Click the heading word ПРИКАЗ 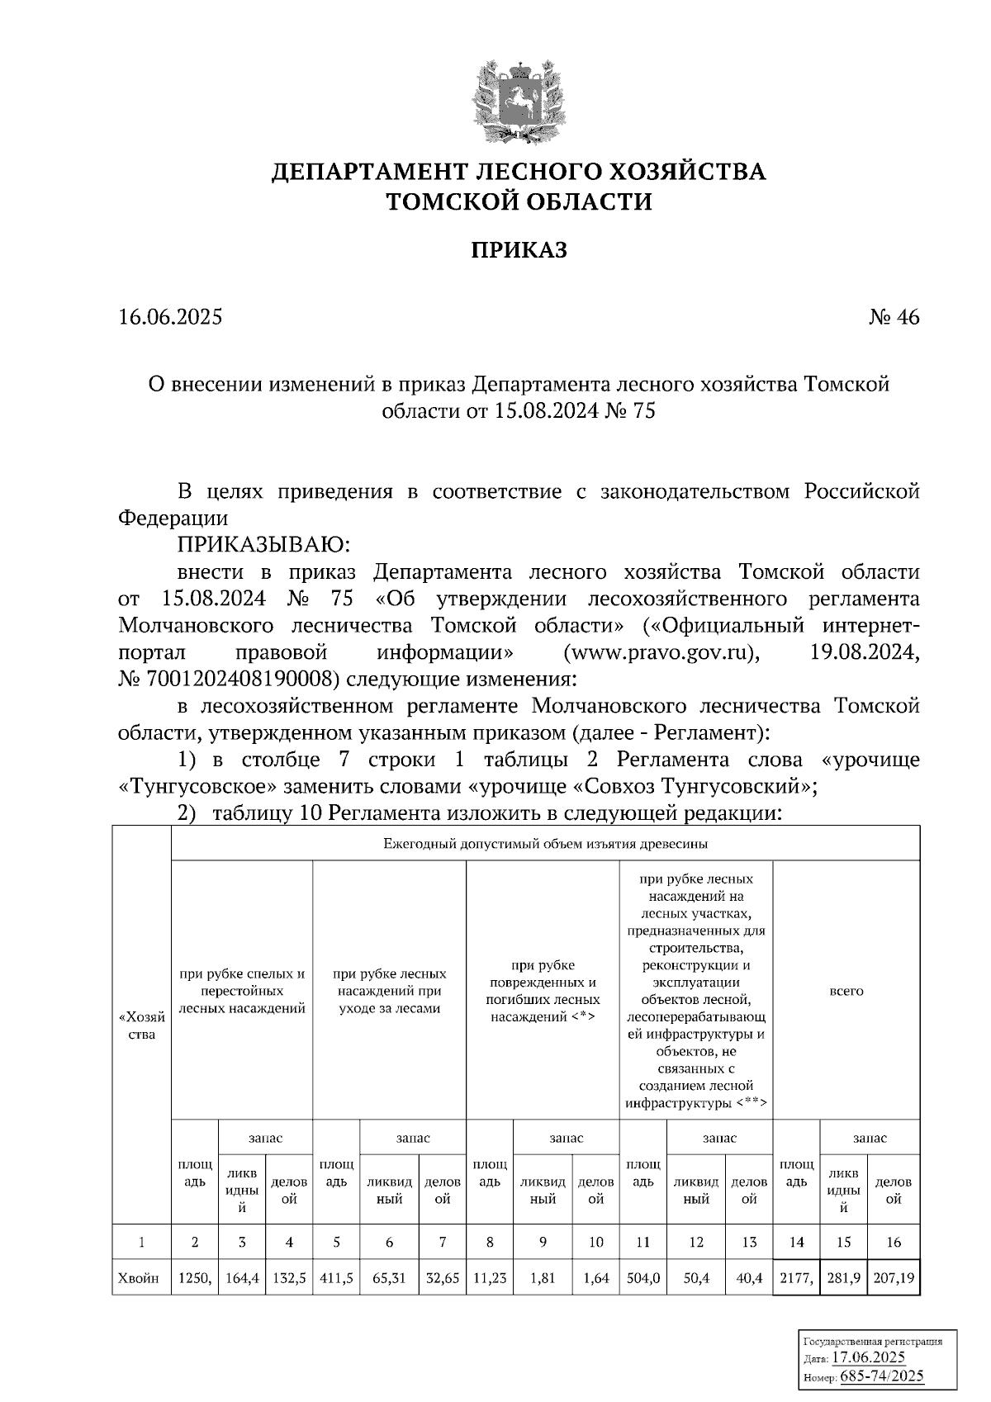[x=519, y=250]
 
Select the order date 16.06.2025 [x=170, y=317]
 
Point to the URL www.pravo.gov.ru [x=660, y=652]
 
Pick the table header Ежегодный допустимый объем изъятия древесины [x=545, y=844]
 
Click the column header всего [x=846, y=990]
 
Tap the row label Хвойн [x=141, y=1278]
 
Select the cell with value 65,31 [x=389, y=1278]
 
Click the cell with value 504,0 [x=643, y=1278]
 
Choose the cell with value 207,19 [x=894, y=1278]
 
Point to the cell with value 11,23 [x=490, y=1278]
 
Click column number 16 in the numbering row [x=894, y=1242]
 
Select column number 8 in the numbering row [x=490, y=1242]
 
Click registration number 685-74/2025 [x=881, y=1376]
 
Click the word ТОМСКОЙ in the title [x=453, y=201]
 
